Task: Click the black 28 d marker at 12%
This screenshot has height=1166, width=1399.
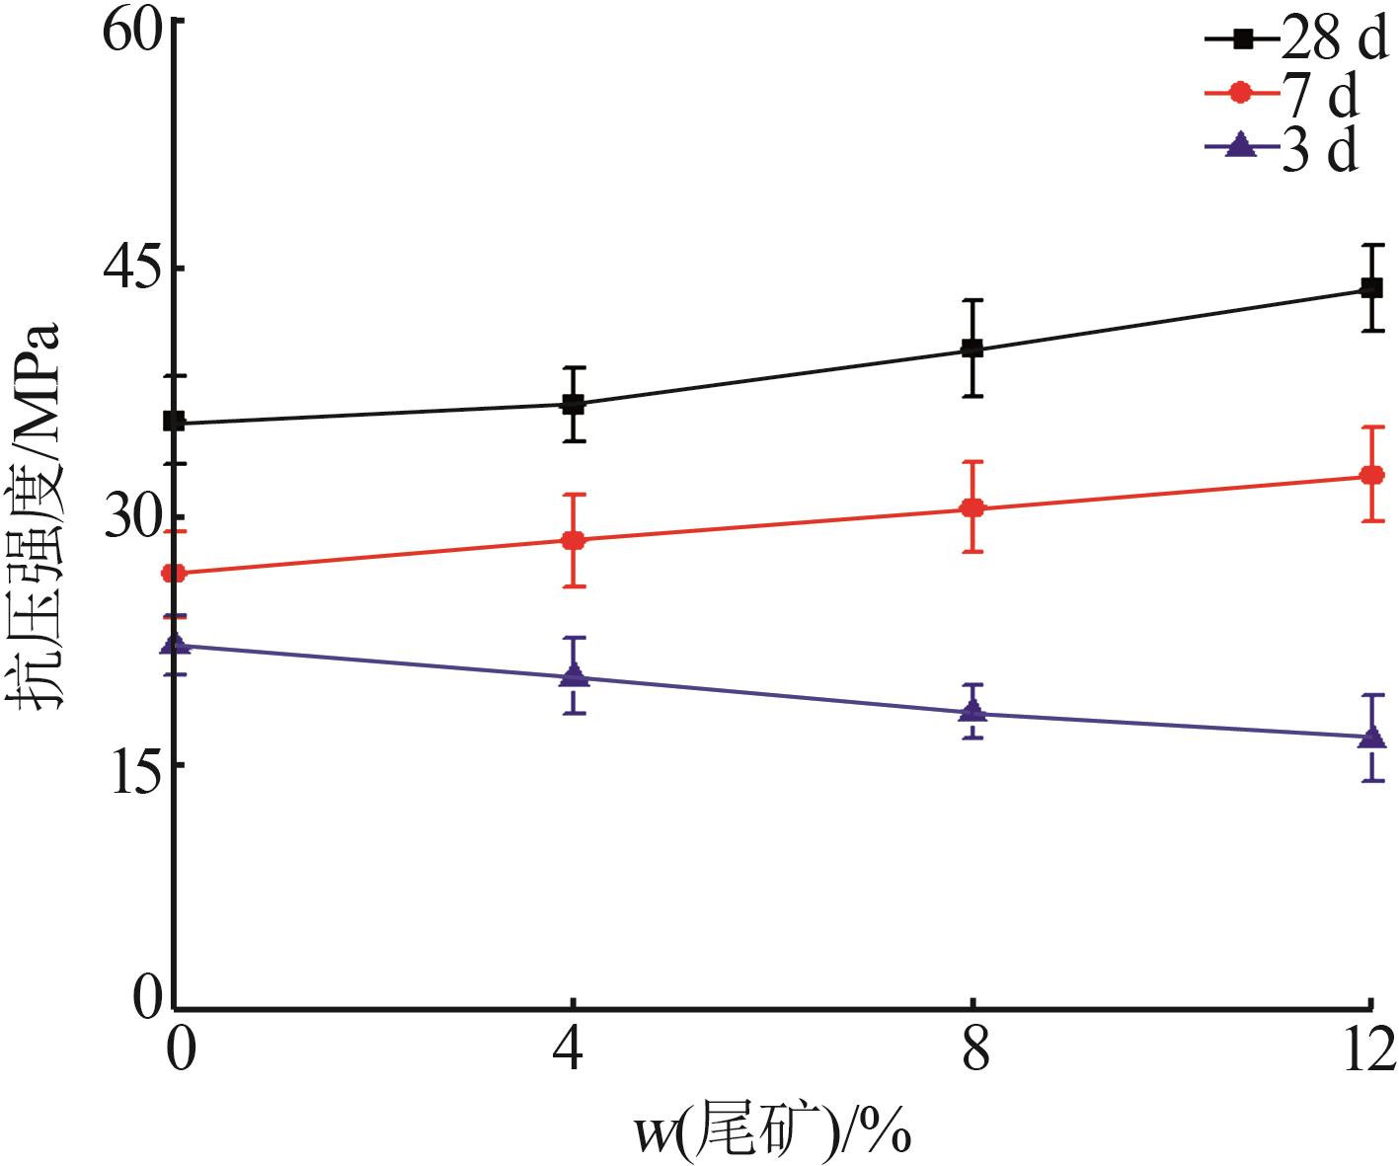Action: (x=1371, y=288)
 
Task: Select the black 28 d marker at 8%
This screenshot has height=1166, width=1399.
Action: (x=972, y=349)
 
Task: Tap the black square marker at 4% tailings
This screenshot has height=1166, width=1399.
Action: (x=574, y=404)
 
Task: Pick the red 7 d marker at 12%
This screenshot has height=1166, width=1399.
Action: (x=1371, y=475)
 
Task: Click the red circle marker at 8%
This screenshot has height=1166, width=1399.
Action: (x=972, y=508)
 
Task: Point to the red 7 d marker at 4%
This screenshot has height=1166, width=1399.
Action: (x=574, y=540)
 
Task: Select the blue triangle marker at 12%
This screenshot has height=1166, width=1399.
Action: (x=1371, y=737)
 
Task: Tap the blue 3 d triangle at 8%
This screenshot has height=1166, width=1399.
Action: (x=972, y=711)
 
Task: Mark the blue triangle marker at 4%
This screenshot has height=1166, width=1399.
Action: (x=574, y=675)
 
